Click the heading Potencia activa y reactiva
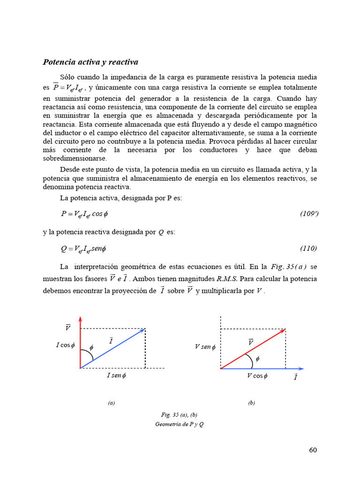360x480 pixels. tap(90, 62)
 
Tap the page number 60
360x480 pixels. tap(313, 450)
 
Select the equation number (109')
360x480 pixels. tap(309, 214)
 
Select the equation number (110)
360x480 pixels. tap(308, 248)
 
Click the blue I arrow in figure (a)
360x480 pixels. tap(112, 348)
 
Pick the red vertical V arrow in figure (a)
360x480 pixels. tap(81, 342)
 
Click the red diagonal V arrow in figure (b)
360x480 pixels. tap(253, 349)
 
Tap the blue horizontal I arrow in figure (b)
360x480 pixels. tap(262, 368)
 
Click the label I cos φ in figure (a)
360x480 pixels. tap(65, 345)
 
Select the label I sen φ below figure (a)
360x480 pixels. tap(116, 376)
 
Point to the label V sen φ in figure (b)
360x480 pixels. tap(205, 347)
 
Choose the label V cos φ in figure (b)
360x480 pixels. tap(257, 376)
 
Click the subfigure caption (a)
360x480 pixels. tap(111, 403)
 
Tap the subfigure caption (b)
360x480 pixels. tap(252, 403)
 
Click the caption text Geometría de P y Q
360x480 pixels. tap(179, 424)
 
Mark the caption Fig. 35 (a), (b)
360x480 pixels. tap(180, 415)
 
